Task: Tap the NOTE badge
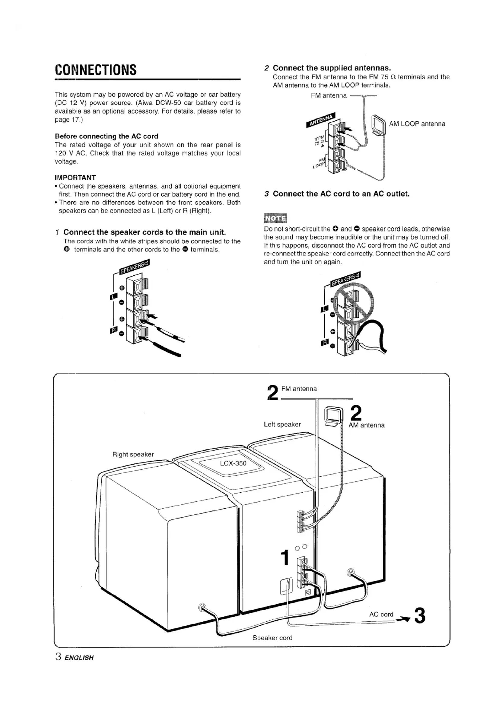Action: pyautogui.click(x=275, y=218)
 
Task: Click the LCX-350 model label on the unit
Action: pyautogui.click(x=233, y=463)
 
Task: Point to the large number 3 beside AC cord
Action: pyautogui.click(x=420, y=615)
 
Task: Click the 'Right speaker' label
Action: pyautogui.click(x=133, y=454)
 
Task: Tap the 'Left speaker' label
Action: pyautogui.click(x=282, y=424)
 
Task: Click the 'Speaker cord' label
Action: pyautogui.click(x=272, y=638)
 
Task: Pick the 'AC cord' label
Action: pyautogui.click(x=381, y=614)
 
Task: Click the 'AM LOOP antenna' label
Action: pyautogui.click(x=417, y=124)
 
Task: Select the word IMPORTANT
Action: pyautogui.click(x=75, y=178)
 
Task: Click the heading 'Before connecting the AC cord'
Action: pyautogui.click(x=106, y=136)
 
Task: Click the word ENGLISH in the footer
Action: pyautogui.click(x=79, y=658)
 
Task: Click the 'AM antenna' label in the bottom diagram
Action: pyautogui.click(x=366, y=425)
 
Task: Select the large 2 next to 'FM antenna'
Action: pyautogui.click(x=273, y=393)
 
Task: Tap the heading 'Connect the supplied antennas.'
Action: pyautogui.click(x=332, y=68)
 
